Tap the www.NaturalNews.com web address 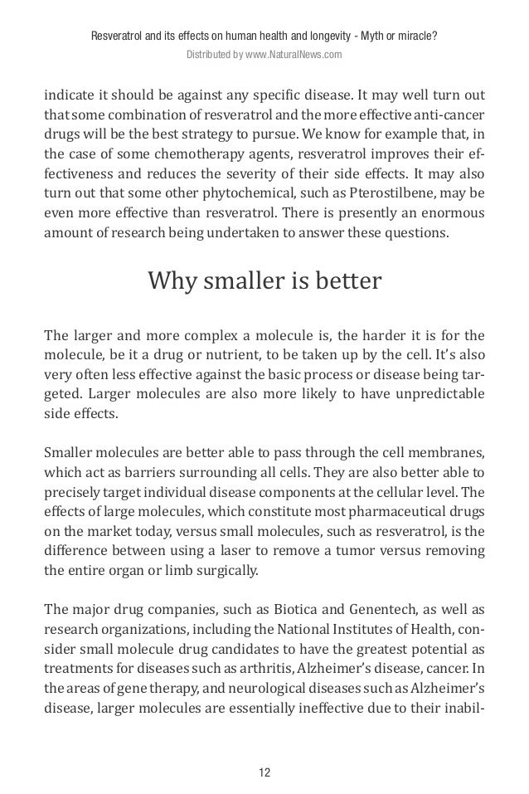(295, 56)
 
